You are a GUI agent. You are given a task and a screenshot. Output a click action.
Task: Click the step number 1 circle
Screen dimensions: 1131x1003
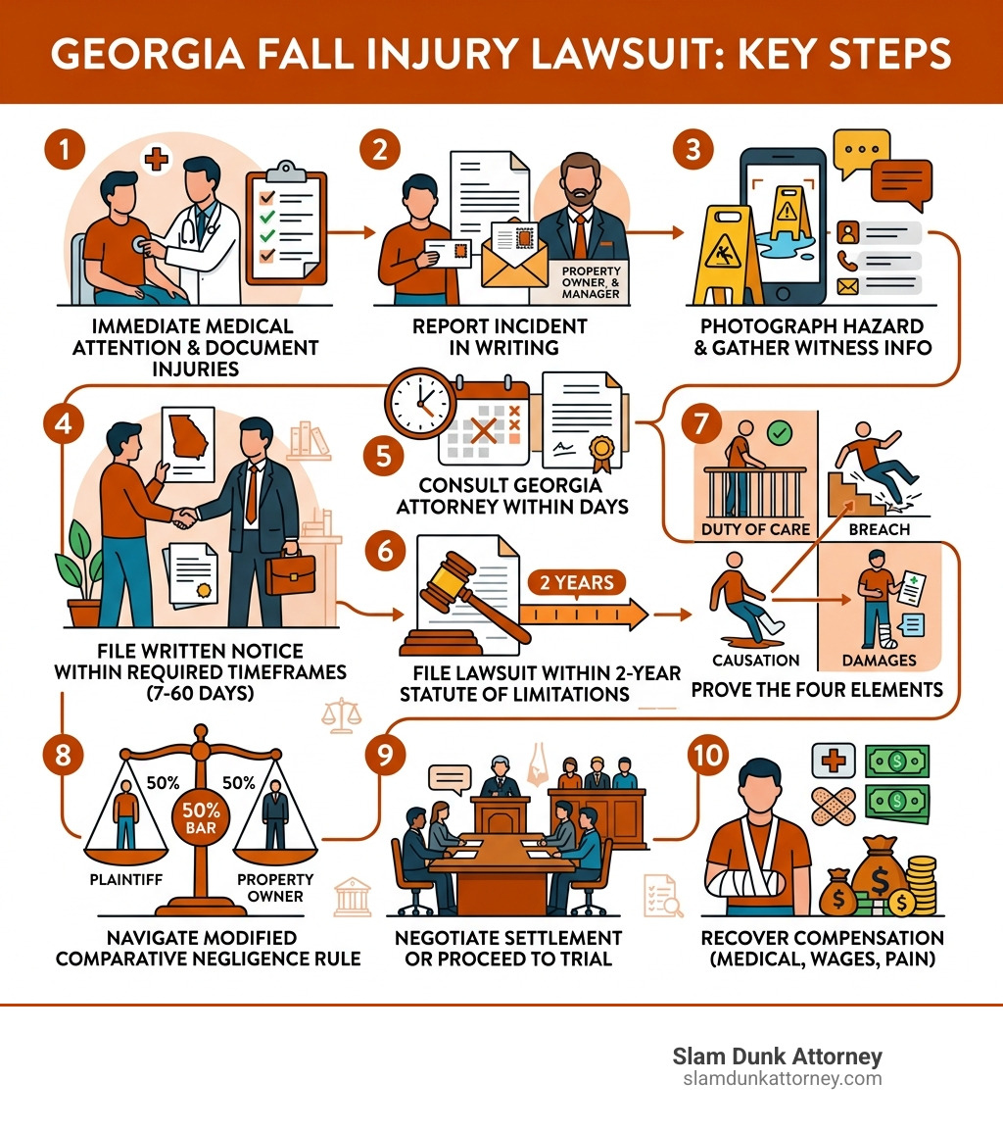tap(65, 151)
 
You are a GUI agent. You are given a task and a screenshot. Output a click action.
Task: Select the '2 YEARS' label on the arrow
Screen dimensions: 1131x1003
tap(577, 583)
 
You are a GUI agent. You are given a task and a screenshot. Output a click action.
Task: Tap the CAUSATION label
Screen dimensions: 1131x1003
tap(755, 661)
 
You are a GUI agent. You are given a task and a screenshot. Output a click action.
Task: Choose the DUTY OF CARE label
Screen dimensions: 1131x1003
tap(755, 529)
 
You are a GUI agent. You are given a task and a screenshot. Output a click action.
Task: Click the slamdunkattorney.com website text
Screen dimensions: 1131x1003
tap(782, 1079)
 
